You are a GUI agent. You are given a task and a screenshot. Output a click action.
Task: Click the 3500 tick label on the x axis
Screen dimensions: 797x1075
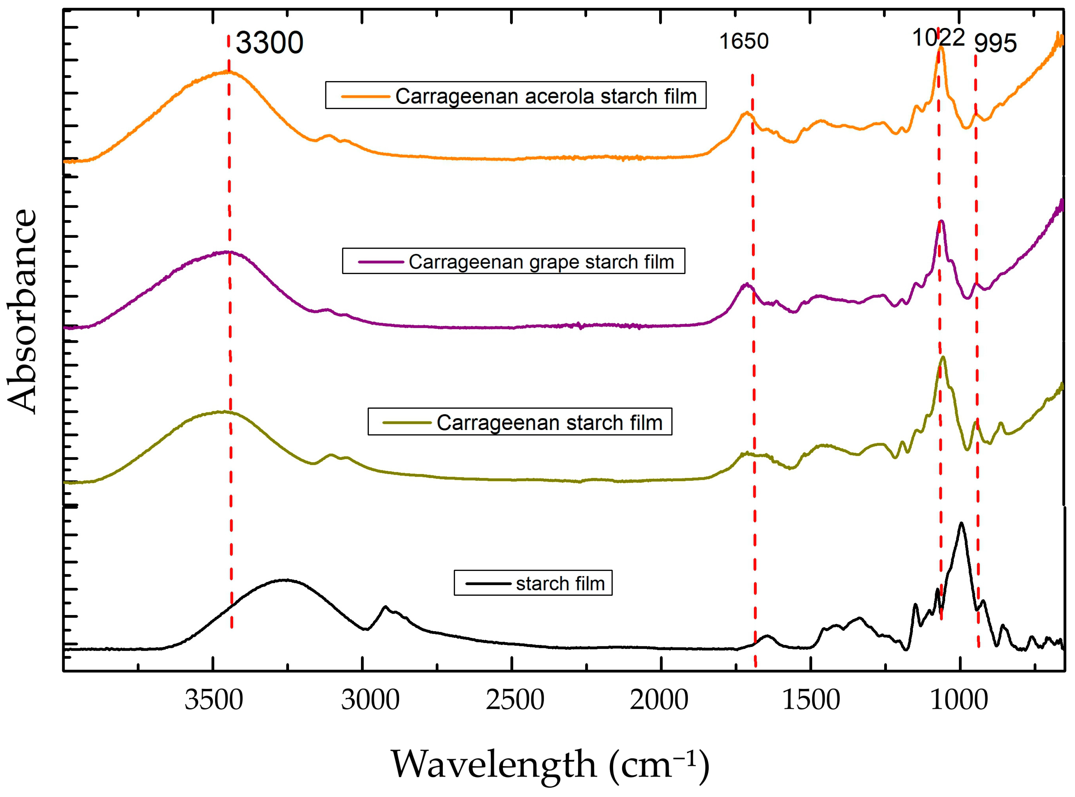(x=213, y=700)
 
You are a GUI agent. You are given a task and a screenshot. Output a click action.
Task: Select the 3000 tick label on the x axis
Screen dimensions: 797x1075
(x=370, y=700)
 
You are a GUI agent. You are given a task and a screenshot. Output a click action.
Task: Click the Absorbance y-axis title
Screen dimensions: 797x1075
(x=22, y=311)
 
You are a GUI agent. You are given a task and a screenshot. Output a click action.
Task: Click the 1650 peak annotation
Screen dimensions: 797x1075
(x=744, y=41)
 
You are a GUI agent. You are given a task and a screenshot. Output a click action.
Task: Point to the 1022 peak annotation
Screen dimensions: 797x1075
(x=938, y=38)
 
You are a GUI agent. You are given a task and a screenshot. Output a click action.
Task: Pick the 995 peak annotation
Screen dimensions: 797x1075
(x=995, y=43)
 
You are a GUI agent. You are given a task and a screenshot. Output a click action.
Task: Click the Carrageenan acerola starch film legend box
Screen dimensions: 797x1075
(x=515, y=95)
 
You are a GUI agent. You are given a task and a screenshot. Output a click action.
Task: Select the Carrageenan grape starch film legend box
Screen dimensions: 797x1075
(x=513, y=261)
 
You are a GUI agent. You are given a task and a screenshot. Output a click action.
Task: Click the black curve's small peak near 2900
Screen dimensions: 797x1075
(x=385, y=607)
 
